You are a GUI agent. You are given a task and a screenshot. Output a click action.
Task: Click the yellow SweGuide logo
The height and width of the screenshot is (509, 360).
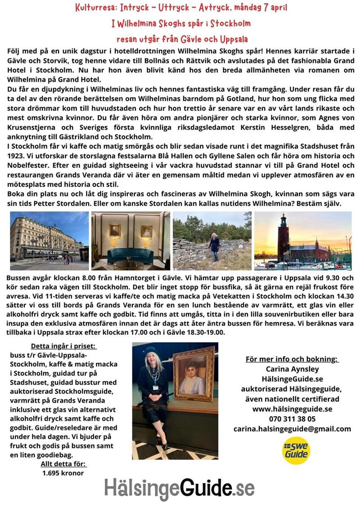click(x=296, y=450)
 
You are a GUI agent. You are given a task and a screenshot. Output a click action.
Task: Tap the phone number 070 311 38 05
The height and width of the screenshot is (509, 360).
click(x=292, y=419)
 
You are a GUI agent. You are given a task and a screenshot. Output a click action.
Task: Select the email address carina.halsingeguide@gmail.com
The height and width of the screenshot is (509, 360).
click(x=292, y=429)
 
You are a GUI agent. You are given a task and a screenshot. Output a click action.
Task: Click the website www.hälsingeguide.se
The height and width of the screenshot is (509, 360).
click(x=292, y=409)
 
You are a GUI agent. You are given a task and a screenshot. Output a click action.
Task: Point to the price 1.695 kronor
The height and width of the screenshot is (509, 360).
click(x=63, y=473)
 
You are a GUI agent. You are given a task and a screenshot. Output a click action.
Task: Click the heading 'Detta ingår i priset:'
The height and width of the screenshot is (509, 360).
click(x=63, y=334)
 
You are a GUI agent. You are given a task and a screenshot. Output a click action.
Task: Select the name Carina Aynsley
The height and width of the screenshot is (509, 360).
click(x=292, y=369)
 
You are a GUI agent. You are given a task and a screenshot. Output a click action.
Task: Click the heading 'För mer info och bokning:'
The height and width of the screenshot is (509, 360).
click(x=292, y=359)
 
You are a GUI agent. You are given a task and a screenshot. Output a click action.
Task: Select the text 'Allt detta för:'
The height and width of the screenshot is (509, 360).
click(x=63, y=464)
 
